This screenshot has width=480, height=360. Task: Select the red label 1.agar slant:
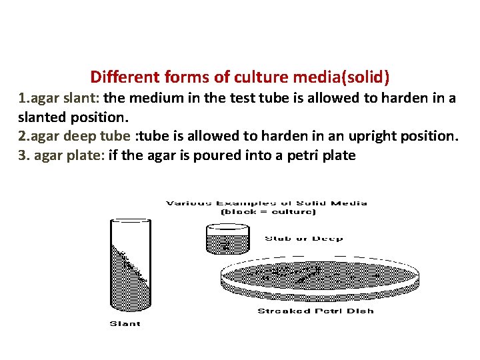(x=59, y=98)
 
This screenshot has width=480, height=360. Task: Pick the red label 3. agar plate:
(x=61, y=155)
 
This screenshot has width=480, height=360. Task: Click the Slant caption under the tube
(x=125, y=324)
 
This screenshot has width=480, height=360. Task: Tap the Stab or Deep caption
(x=303, y=238)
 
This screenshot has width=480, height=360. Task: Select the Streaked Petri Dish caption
(x=315, y=311)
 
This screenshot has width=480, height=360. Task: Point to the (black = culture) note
(x=267, y=212)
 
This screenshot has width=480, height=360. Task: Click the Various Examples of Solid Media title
(x=267, y=203)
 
